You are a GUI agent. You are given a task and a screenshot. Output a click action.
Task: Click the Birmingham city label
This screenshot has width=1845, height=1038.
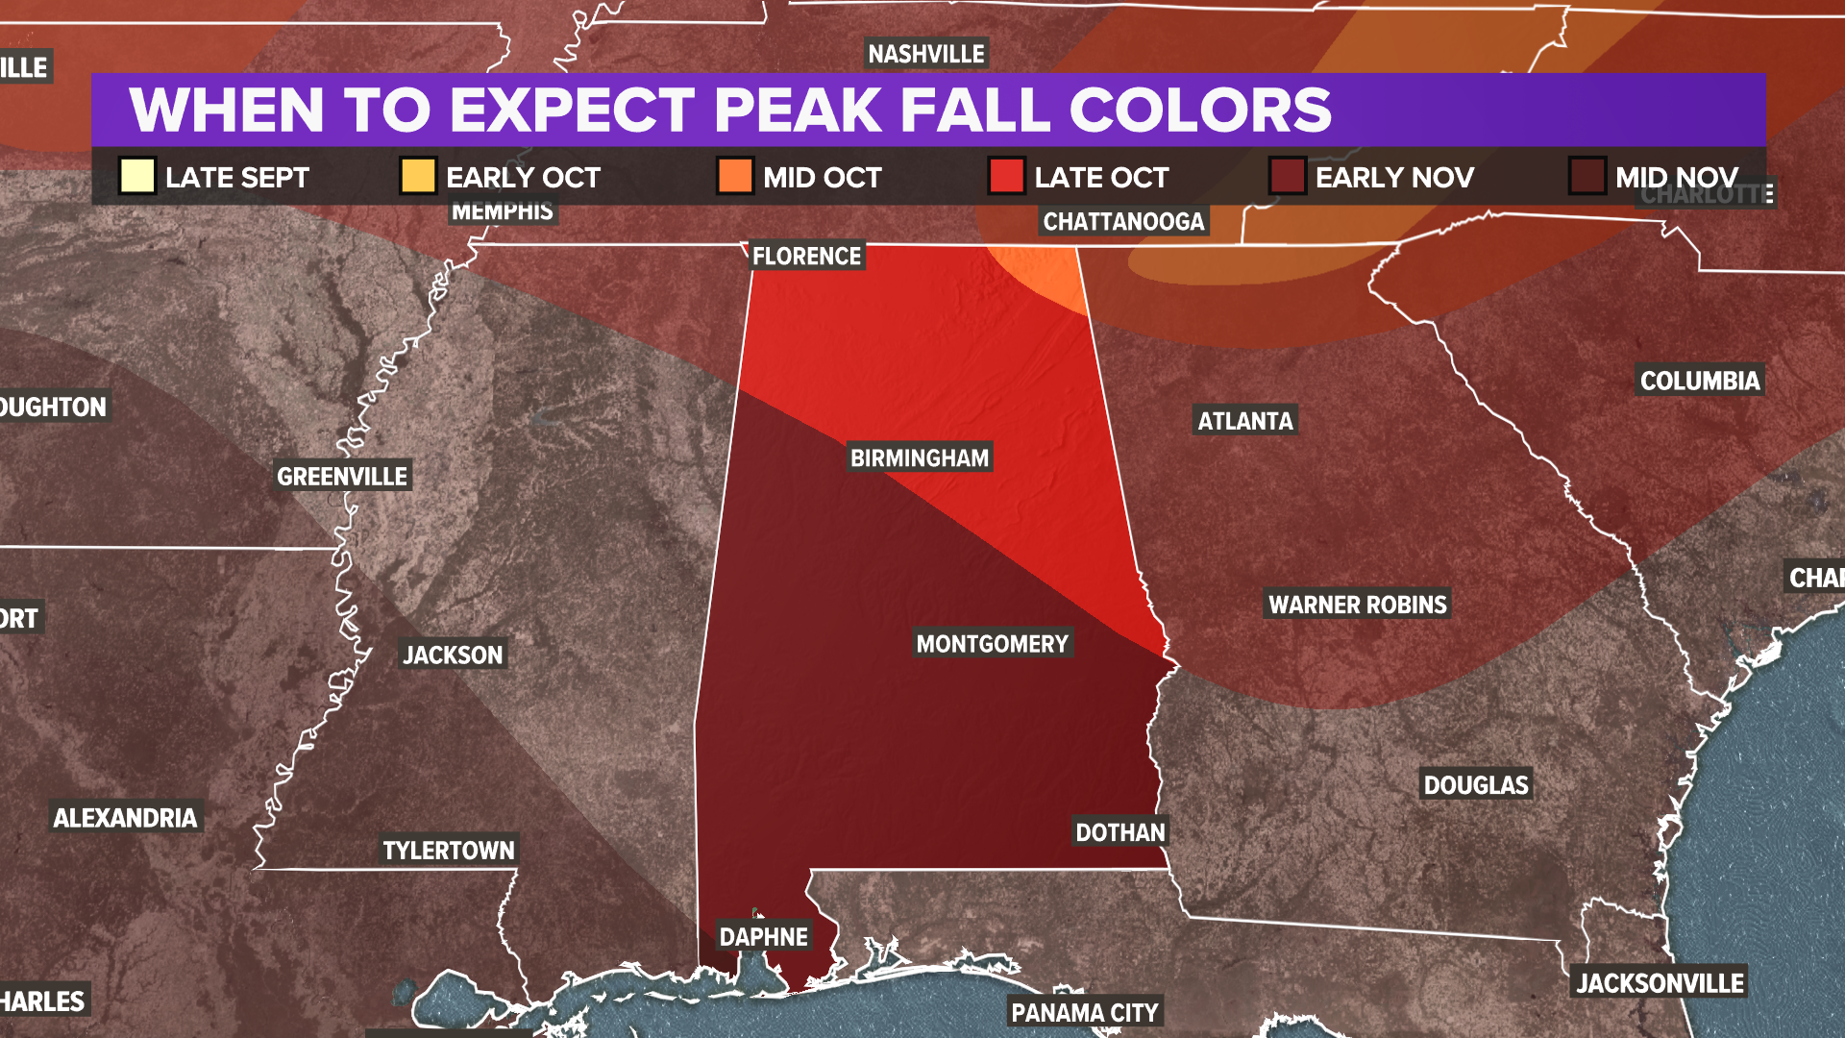[920, 457]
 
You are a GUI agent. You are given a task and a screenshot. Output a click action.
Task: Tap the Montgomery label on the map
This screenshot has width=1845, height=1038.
[992, 643]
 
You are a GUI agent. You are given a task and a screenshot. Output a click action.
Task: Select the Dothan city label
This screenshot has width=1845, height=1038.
[1119, 832]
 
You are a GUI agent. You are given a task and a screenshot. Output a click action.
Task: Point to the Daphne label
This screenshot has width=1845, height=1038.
[764, 936]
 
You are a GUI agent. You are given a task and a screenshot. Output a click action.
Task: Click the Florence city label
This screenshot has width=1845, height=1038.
[806, 256]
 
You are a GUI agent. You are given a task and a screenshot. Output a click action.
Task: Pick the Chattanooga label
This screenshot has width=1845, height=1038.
[1123, 222]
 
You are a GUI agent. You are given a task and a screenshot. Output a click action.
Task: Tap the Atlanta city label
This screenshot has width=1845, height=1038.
[1245, 420]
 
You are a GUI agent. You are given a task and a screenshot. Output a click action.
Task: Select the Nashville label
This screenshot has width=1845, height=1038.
[926, 54]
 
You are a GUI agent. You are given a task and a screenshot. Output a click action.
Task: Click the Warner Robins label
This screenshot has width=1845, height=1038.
[1357, 605]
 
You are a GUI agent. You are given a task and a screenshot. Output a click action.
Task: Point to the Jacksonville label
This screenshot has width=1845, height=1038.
[1660, 982]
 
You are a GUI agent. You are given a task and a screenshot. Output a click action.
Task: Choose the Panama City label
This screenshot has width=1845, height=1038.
[1085, 1012]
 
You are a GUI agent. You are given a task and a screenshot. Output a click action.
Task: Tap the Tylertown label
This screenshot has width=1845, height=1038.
[449, 850]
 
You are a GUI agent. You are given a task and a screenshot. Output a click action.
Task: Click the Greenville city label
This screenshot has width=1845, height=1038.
[342, 476]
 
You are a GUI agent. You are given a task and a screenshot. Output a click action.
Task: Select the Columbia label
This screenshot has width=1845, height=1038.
[1700, 381]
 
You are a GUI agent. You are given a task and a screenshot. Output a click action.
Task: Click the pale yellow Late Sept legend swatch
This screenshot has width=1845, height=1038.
[137, 176]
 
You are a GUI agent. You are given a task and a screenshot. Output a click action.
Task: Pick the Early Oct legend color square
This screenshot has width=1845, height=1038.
[418, 176]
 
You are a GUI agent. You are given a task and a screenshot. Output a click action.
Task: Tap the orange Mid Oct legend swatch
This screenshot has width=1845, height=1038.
[735, 176]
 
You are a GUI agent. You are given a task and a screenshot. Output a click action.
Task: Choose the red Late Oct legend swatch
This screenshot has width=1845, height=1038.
[1006, 176]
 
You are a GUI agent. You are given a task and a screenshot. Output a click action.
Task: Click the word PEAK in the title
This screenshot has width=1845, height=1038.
[797, 110]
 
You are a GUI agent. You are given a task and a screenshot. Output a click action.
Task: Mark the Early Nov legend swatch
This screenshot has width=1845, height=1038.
[1287, 176]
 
